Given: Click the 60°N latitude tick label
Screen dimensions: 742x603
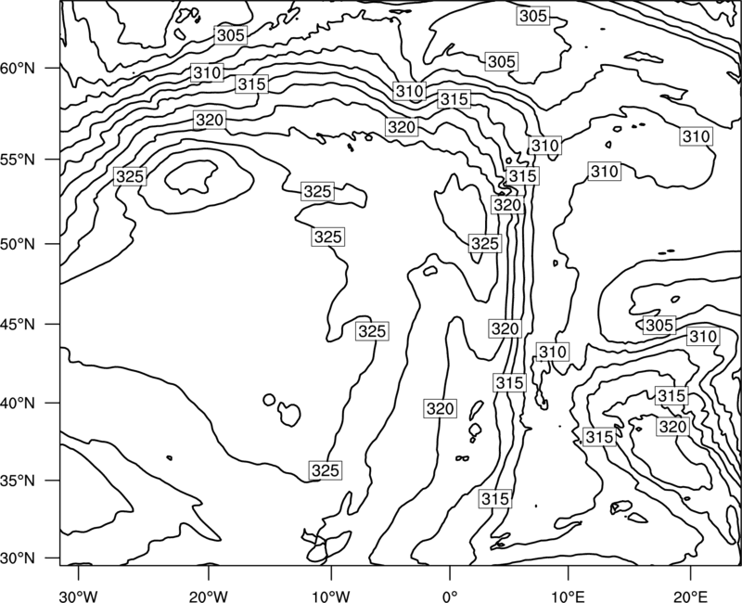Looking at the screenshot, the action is (18, 69).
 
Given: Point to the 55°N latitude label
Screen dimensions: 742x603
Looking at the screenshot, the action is (18, 160).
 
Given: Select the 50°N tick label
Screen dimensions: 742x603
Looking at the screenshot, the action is (18, 244).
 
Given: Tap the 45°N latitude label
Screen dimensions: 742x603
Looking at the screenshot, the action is (18, 324).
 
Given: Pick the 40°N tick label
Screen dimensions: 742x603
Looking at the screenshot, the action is (18, 404).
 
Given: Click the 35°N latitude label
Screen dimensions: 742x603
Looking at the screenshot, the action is (18, 481).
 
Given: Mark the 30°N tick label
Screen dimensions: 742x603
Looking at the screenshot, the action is (18, 558).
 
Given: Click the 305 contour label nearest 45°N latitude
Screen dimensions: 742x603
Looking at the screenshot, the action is (659, 326).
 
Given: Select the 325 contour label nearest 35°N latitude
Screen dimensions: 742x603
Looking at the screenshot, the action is (326, 470).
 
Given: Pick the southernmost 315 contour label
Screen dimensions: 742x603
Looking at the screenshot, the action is (495, 498).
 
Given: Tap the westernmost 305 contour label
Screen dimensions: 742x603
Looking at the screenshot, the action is (231, 35).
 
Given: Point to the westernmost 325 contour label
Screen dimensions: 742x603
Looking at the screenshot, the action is (130, 176).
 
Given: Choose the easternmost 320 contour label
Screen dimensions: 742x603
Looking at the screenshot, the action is (672, 427).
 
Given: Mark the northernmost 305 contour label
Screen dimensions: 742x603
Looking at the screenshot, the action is (532, 16).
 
